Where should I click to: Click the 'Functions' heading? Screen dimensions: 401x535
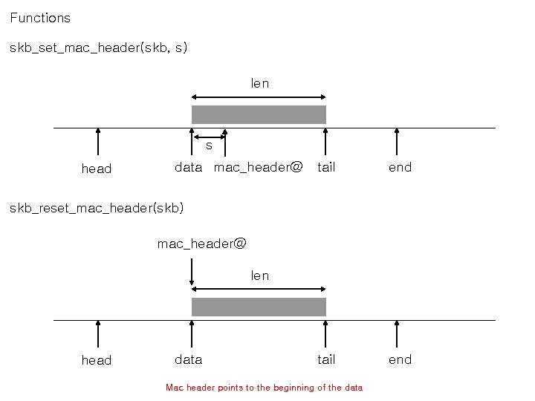point(40,18)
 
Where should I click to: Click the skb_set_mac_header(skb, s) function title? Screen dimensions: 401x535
point(98,48)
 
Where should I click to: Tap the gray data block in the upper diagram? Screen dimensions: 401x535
point(259,114)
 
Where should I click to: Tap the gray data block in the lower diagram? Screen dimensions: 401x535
point(259,307)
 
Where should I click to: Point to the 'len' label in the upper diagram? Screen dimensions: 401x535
point(259,84)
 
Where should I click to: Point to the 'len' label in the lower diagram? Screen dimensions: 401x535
point(259,276)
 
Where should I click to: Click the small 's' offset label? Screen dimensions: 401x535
point(209,146)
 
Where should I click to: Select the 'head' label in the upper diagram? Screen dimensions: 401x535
point(96,169)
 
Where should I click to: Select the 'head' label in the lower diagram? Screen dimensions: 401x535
point(96,361)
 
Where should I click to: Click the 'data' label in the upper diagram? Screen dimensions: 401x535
point(188,168)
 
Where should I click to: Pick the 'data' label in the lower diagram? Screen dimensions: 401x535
point(188,360)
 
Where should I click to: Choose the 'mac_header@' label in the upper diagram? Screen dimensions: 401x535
point(258,168)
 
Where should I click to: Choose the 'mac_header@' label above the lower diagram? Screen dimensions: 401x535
point(201,244)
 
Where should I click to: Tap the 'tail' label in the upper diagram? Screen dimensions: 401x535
point(326,168)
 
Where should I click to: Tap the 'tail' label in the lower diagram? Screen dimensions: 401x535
point(326,360)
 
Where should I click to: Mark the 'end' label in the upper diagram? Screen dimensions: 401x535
point(400,168)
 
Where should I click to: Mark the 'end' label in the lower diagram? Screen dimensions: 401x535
point(400,360)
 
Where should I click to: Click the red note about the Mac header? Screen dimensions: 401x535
point(264,388)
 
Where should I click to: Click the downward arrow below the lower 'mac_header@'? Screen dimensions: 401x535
point(192,272)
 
